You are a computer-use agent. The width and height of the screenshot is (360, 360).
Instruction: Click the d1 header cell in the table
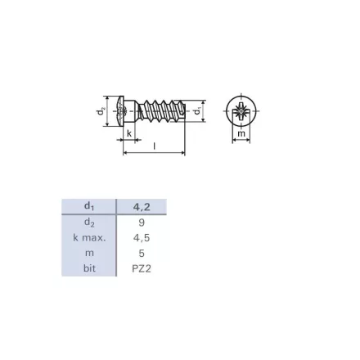click(89, 206)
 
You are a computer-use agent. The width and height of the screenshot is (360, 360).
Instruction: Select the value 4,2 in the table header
click(142, 207)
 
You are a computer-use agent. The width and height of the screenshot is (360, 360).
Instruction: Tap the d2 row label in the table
click(89, 223)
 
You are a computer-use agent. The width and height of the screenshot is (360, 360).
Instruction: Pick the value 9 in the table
click(142, 223)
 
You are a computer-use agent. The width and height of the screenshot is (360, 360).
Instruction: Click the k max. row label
click(89, 238)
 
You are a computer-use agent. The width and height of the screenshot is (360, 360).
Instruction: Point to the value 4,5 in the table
click(142, 238)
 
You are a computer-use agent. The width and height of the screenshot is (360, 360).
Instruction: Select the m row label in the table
click(89, 254)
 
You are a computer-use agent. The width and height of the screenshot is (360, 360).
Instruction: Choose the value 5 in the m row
click(142, 254)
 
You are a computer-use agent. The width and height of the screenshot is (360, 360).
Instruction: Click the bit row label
click(89, 268)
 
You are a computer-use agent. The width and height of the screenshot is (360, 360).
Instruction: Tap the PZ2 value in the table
click(142, 268)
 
